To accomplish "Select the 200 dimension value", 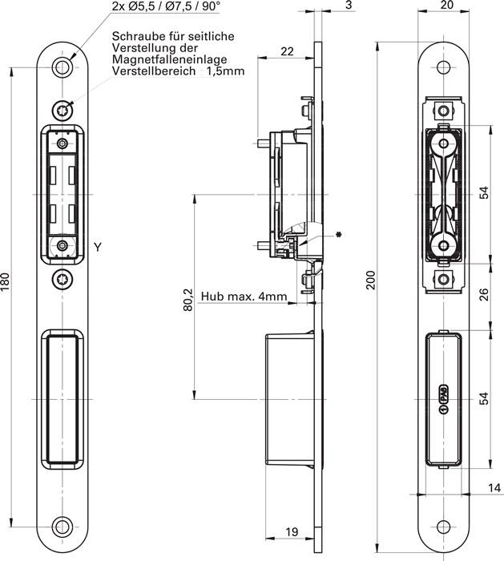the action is pos(372,280).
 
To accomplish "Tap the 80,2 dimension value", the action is pos(188,300).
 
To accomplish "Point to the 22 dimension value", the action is pos(287,51).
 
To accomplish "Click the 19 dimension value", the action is pos(292,531).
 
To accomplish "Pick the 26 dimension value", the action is pos(484,295).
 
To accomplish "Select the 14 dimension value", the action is pos(494,487).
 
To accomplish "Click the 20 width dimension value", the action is pos(447,5).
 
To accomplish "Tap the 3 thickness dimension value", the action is pos(349,5).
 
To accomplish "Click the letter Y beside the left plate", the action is pos(98,247).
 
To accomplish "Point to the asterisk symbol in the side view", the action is pos(337,235).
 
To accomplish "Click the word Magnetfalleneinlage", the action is pos(169,59).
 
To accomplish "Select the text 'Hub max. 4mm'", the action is pos(244,297).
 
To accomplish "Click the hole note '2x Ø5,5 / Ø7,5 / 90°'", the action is pos(165,7).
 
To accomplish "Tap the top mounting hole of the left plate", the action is pos(63,67).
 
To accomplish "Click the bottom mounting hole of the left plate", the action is pos(63,527).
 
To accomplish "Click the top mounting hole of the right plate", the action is pos(444,67).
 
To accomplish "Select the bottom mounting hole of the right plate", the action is pos(444,527).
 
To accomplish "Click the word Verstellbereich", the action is pos(154,71).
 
